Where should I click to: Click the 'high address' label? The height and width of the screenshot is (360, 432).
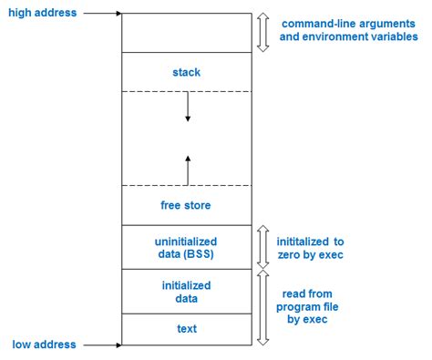point(43,13)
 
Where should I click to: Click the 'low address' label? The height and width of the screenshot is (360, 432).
point(44,345)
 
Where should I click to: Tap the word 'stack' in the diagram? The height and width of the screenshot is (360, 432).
point(187,72)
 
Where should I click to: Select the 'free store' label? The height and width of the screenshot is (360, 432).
point(186,205)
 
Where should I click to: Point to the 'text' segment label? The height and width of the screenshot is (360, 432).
point(187,328)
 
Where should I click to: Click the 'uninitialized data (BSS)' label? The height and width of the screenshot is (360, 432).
point(186,248)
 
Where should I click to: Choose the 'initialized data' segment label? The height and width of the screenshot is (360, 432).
point(186,292)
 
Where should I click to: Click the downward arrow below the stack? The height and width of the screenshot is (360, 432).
point(188,107)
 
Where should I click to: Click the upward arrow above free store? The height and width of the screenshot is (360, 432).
point(188,170)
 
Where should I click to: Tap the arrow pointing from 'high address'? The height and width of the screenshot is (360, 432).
point(102,14)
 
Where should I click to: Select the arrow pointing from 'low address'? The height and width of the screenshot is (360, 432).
point(102,345)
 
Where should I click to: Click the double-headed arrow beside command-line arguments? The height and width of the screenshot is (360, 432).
point(263,33)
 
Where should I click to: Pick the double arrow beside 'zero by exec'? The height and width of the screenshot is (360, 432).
point(263,247)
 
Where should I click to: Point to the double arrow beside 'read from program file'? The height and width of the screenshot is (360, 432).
point(263,307)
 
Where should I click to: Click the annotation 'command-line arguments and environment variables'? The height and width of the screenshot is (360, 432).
point(349,30)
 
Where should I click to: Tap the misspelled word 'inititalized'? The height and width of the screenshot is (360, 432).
point(303,242)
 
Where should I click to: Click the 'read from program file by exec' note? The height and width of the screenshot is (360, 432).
point(307,306)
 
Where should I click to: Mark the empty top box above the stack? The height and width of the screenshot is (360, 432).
point(187,33)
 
